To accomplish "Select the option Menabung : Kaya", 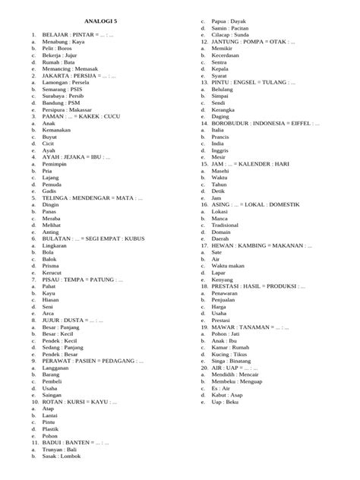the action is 64,43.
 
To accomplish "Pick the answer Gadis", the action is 52,193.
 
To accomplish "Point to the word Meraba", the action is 54,218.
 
